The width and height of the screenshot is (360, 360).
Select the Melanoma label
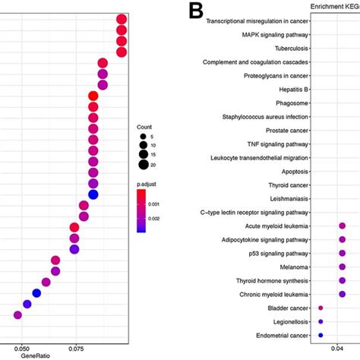coord(292,267)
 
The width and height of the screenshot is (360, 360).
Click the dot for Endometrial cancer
coord(321,335)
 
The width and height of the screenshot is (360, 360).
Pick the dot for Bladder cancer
coord(321,308)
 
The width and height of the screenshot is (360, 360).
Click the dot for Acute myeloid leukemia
coord(343,226)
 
